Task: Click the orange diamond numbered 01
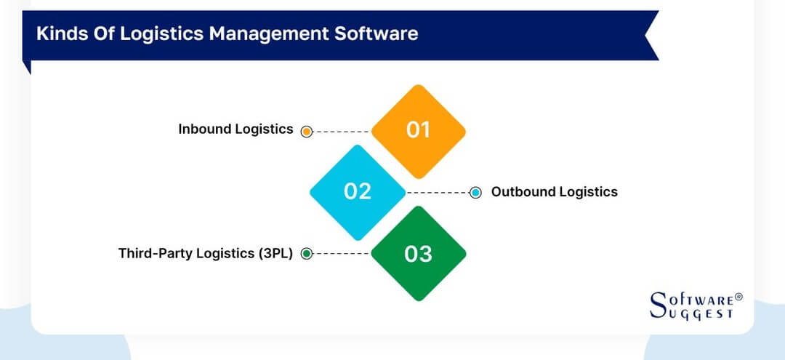418,131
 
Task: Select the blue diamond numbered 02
357,192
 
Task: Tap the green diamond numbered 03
418,254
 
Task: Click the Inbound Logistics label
235,129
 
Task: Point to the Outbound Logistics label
554,192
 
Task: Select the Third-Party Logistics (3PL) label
206,254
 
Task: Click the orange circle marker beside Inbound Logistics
307,132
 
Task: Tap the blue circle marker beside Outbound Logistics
475,193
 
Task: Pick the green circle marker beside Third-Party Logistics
307,254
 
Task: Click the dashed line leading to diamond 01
342,132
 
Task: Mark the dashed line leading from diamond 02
438,193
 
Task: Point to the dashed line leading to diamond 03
342,254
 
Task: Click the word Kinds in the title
58,34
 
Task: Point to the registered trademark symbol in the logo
738,297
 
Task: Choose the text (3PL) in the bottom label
273,254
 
